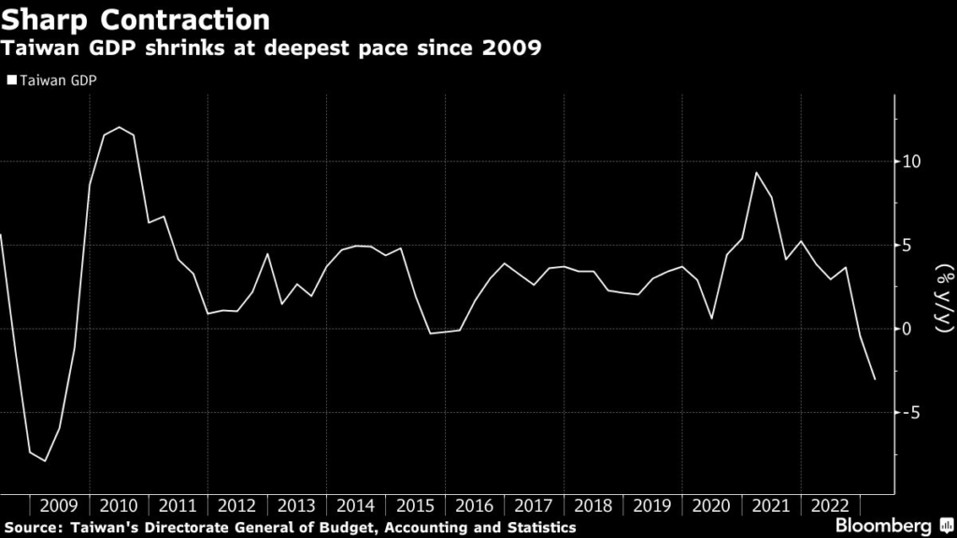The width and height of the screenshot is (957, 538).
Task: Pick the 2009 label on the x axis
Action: click(x=60, y=506)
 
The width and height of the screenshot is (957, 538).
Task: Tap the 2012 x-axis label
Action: click(x=237, y=506)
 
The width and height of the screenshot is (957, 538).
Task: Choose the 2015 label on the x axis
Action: click(x=415, y=506)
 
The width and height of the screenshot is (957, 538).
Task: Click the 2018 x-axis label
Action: click(x=593, y=506)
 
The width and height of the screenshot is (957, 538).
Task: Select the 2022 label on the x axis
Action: click(x=829, y=506)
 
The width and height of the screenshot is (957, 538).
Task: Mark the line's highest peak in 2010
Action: click(x=119, y=127)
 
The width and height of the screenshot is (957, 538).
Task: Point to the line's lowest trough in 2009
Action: click(x=45, y=461)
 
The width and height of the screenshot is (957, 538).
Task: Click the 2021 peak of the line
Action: click(x=756, y=173)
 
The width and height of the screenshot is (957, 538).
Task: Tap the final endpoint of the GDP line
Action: click(x=875, y=379)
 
